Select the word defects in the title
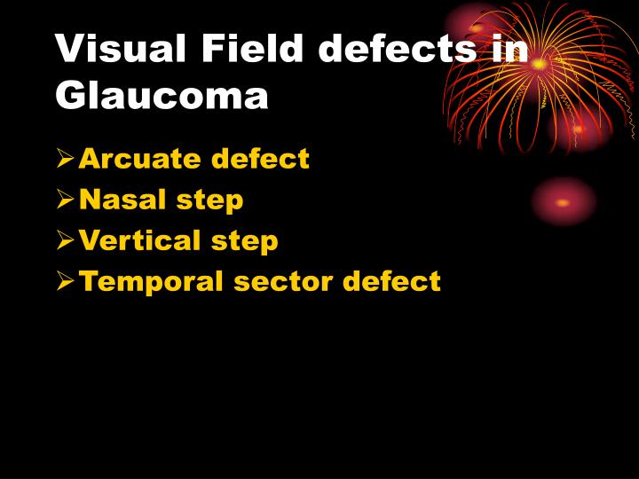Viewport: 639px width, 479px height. tap(398, 50)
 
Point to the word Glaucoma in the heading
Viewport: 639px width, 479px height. tap(162, 95)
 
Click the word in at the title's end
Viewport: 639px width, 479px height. tap(509, 50)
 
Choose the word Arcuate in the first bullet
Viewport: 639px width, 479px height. tap(139, 159)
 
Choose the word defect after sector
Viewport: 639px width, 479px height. tap(391, 281)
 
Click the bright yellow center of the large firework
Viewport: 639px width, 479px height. tap(539, 64)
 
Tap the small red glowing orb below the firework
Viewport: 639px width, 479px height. tap(563, 202)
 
